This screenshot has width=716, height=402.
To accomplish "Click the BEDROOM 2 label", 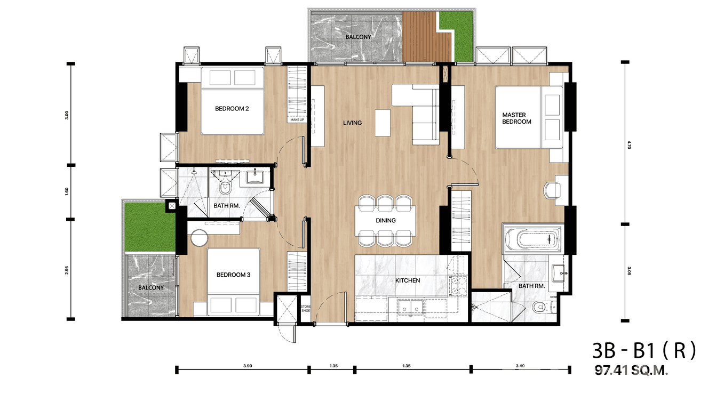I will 232,109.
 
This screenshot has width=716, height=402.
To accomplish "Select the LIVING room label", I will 352,123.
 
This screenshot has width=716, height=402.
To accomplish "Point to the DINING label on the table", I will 385,221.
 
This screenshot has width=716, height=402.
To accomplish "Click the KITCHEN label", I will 408,280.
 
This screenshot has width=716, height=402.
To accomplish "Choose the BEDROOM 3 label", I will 233,275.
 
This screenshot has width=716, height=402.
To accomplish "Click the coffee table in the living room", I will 382,123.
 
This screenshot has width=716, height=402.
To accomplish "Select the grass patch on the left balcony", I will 150,228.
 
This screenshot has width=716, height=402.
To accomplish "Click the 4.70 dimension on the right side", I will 630,144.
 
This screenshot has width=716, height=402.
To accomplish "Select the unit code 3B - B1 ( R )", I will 644,351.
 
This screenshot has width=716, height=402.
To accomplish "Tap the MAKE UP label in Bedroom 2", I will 297,120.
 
